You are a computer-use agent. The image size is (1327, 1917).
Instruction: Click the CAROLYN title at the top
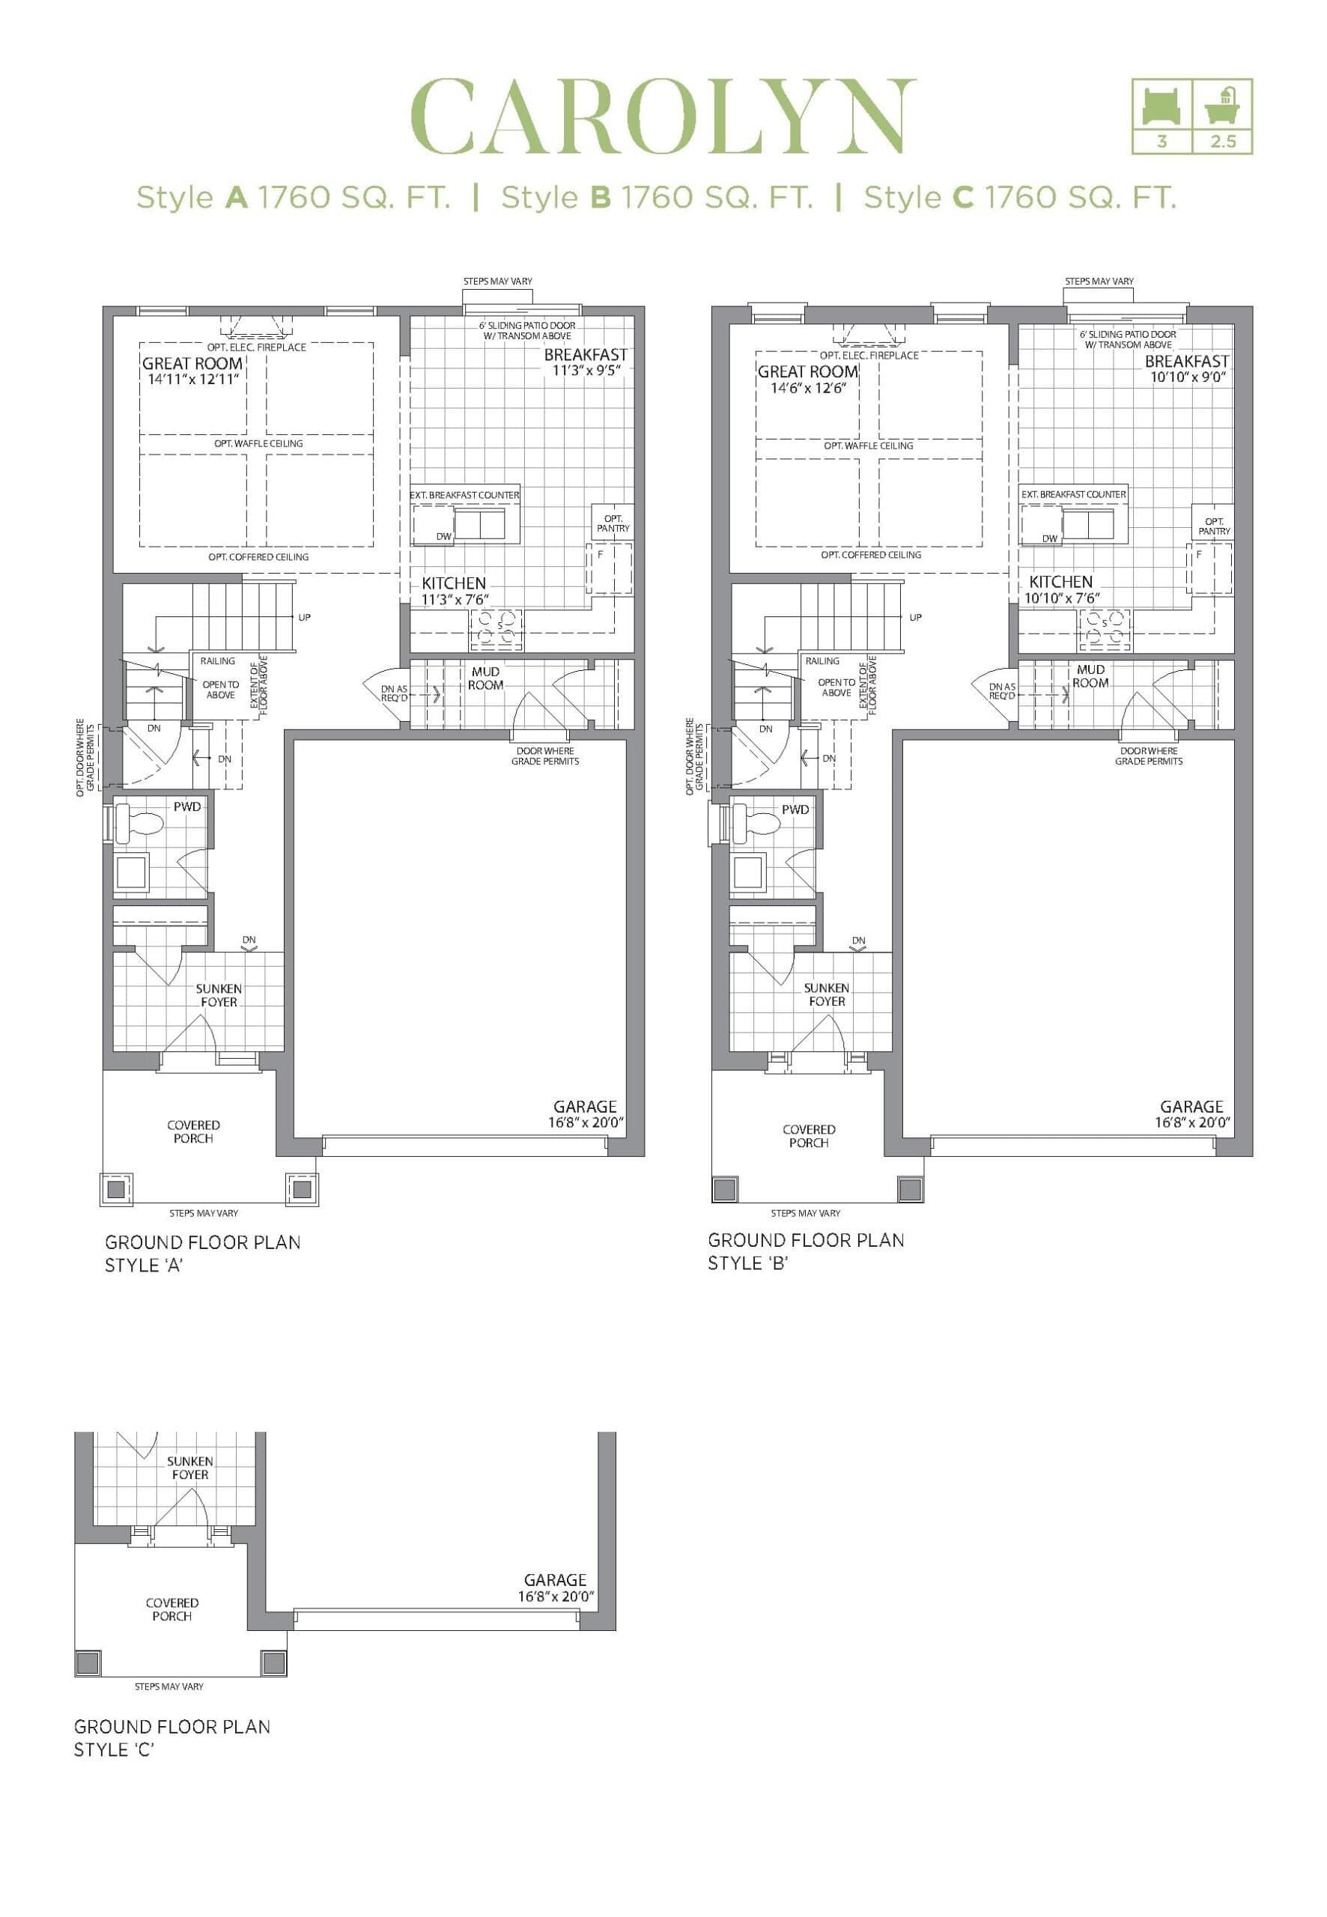point(663,116)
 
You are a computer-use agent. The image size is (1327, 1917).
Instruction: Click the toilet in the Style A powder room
point(142,824)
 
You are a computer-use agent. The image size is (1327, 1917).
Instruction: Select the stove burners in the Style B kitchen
point(1105,629)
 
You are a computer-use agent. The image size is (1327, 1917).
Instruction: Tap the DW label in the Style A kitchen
point(444,536)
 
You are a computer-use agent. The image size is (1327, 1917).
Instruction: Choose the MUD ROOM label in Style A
point(485,678)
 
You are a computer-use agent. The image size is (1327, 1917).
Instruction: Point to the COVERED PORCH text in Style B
point(808,1135)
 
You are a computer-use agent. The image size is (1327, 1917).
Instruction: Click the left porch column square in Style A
point(115,1190)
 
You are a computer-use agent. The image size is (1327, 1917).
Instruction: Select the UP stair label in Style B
point(915,618)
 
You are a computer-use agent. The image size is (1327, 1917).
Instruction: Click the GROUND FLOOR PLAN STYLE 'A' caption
point(202,1254)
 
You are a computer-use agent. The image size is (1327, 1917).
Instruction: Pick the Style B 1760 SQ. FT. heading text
point(657,198)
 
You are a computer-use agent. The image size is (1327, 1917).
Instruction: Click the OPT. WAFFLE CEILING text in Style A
point(258,444)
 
